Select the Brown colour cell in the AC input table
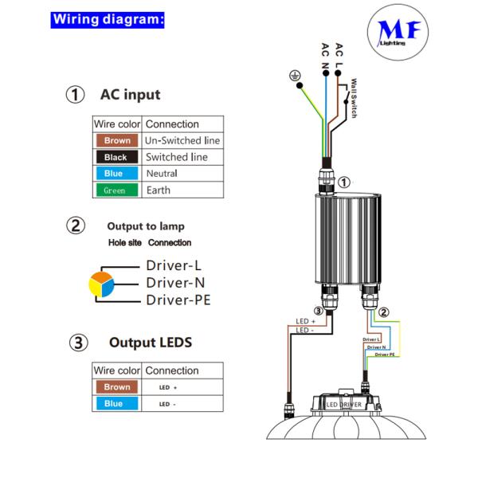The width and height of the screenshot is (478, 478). pos(117,141)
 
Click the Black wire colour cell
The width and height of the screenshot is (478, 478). pos(117,158)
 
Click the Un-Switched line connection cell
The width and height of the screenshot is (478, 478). pos(182,141)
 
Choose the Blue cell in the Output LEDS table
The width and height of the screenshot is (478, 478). pos(117,404)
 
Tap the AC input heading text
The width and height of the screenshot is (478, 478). pos(130,95)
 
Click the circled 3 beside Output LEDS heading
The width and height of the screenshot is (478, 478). pos(76,343)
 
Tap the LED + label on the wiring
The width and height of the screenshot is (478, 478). pos(305,320)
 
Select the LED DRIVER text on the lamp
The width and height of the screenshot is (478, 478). pos(344,405)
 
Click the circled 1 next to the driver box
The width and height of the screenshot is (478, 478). pos(344,182)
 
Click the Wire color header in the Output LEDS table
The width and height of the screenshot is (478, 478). pos(117,370)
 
